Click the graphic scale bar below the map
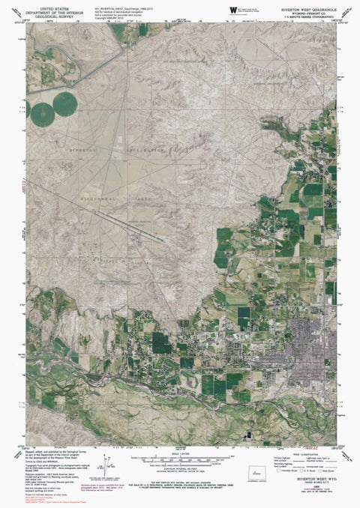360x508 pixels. tap(180, 458)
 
